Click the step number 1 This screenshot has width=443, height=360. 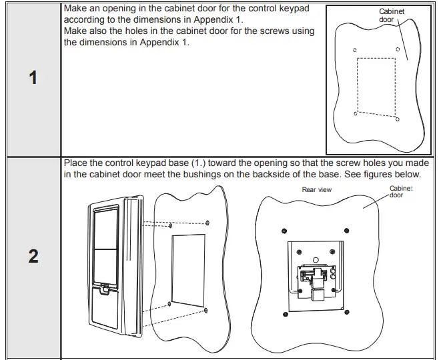click(x=33, y=79)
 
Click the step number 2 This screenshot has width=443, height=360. click(x=33, y=257)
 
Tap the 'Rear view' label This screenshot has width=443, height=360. click(x=317, y=190)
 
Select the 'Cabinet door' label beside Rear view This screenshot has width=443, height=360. click(x=401, y=191)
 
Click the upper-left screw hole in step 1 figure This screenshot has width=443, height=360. click(x=355, y=50)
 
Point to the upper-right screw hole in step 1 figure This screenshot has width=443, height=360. click(x=398, y=49)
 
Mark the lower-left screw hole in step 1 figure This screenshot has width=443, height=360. click(x=355, y=114)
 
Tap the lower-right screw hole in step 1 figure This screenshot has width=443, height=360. click(x=398, y=121)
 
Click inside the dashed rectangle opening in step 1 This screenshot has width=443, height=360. click(x=376, y=85)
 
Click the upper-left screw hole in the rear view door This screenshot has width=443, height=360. click(x=284, y=231)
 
